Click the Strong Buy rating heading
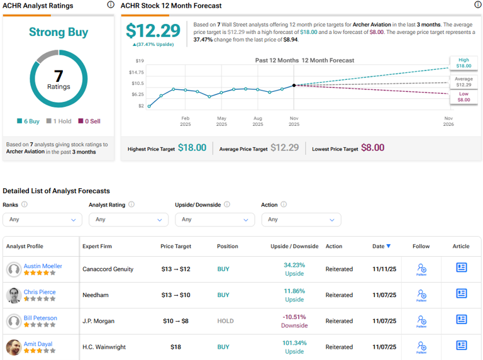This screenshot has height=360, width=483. (x=58, y=32)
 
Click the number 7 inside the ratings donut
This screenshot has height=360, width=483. (x=58, y=76)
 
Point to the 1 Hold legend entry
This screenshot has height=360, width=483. (x=61, y=121)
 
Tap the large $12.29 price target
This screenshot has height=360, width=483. (x=153, y=31)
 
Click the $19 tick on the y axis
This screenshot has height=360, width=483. (x=140, y=61)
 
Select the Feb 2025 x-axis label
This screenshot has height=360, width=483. (x=186, y=121)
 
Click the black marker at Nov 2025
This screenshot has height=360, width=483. (x=294, y=85)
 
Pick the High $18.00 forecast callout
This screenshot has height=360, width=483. (x=463, y=62)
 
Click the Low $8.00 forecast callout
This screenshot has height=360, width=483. (x=463, y=96)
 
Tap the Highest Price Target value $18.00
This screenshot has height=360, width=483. (x=192, y=148)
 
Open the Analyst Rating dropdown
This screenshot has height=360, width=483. (x=128, y=220)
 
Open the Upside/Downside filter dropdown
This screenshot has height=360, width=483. (x=214, y=220)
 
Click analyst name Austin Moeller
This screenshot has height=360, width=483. (x=43, y=266)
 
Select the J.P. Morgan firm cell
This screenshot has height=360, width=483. (x=99, y=321)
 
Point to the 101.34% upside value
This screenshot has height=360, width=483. (x=294, y=343)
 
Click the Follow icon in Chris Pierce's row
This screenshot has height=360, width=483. (x=421, y=295)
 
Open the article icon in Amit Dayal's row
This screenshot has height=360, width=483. (x=461, y=346)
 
